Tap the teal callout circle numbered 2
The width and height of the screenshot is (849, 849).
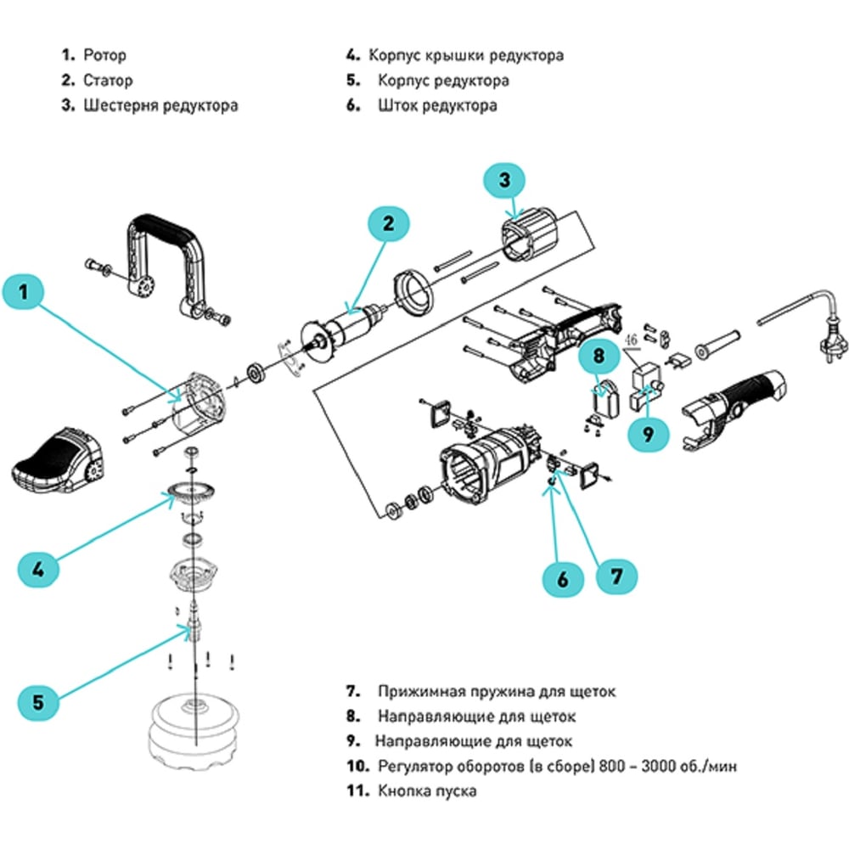[388, 224]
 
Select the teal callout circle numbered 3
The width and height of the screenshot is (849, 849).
[504, 180]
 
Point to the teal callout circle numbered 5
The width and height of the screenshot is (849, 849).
[37, 702]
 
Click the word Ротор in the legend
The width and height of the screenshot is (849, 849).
[104, 56]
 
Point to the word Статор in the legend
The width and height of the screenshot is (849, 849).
[108, 82]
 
